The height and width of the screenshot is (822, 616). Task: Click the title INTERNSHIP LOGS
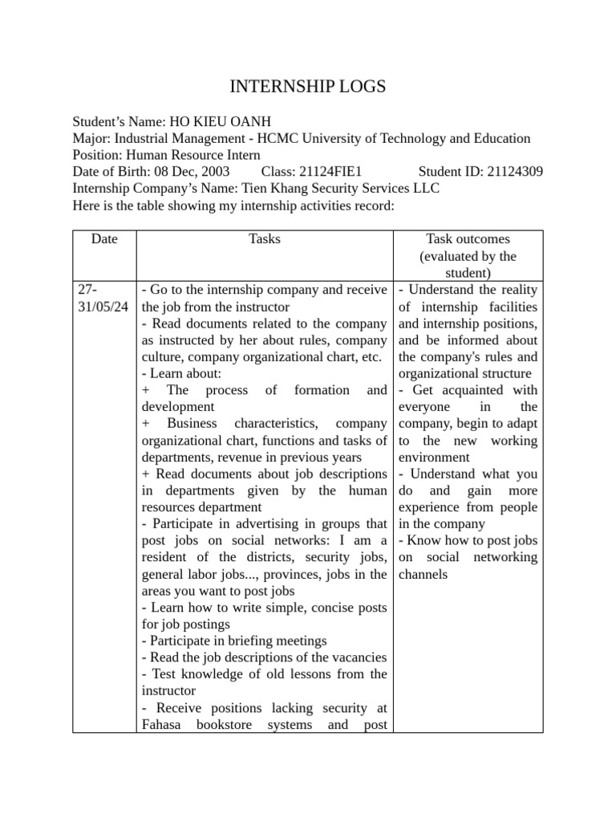click(x=308, y=87)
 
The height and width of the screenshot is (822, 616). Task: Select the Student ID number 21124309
click(x=513, y=171)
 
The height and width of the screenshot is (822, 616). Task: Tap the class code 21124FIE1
click(x=329, y=171)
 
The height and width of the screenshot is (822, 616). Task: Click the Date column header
click(x=104, y=238)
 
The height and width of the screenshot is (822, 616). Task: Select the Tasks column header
click(x=265, y=238)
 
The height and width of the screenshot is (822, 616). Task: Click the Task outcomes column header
click(x=468, y=238)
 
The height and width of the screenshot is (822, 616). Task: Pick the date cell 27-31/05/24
click(x=103, y=298)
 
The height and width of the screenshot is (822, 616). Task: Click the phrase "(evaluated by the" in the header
click(x=468, y=256)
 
